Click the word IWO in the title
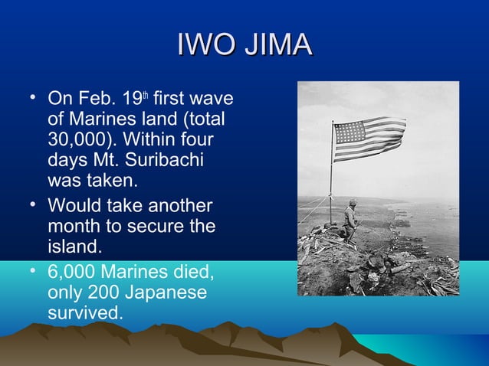[x=202, y=45]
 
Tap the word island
[x=73, y=249]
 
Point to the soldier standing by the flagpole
[x=350, y=221]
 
